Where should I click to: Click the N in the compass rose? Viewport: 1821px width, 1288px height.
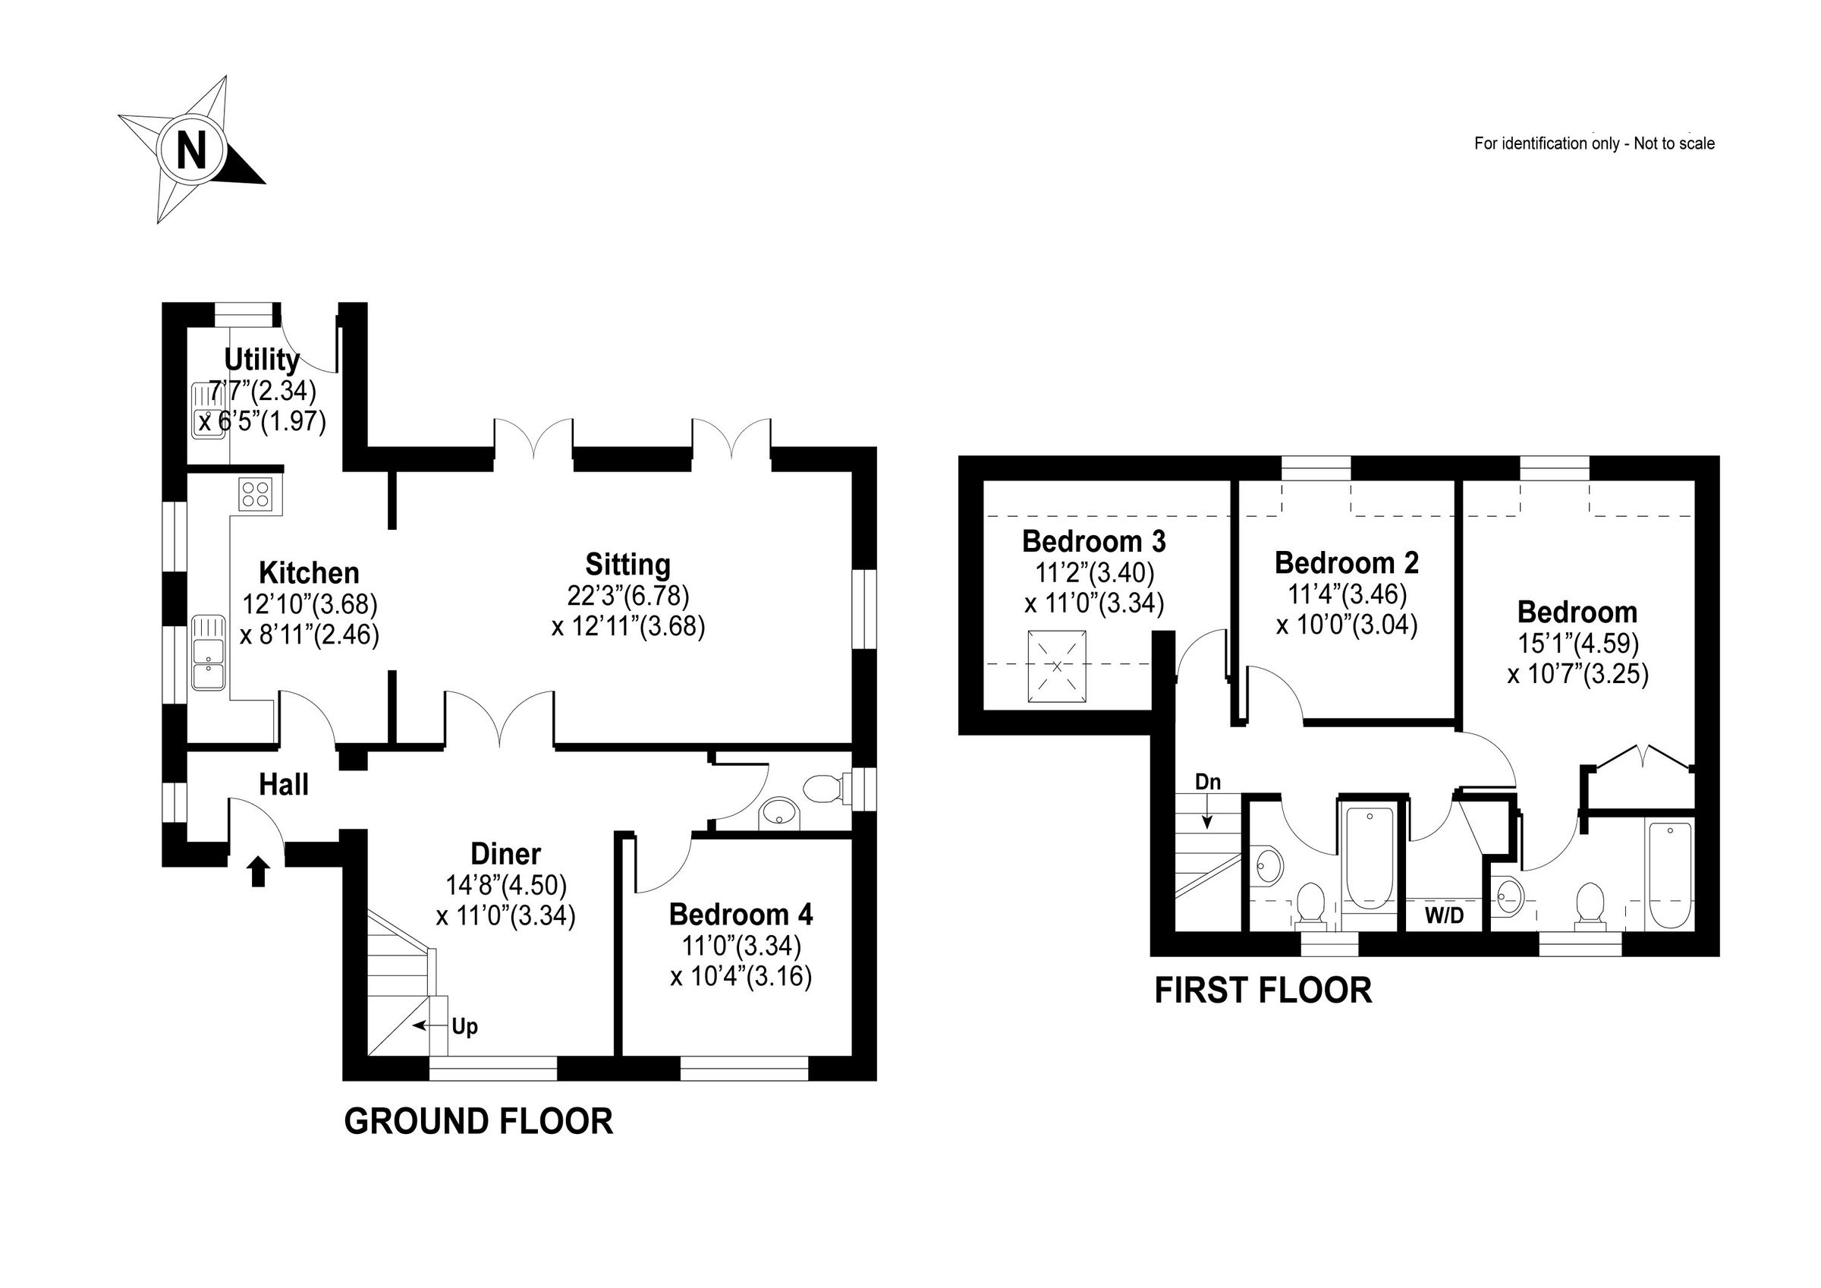191,150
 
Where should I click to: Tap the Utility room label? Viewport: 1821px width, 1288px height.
262,360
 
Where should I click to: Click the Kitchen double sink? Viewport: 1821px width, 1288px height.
209,651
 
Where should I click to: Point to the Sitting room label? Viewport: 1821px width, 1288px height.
627,564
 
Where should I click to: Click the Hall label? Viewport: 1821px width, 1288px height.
284,785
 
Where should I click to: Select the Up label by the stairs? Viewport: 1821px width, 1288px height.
465,1026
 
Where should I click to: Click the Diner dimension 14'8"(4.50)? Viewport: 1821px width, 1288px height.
506,885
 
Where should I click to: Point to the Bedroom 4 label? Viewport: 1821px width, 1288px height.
741,915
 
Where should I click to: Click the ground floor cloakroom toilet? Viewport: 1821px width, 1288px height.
823,789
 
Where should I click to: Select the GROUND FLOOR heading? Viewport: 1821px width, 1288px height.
478,1122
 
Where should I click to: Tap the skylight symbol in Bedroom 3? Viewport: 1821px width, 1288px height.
1056,666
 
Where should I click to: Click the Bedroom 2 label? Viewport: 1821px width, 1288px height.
1346,562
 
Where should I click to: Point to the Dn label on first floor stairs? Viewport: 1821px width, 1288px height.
1207,782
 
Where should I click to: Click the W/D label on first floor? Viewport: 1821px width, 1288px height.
1444,916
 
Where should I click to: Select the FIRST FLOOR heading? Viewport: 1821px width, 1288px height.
1263,990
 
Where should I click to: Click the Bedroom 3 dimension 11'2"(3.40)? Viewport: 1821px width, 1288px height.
1093,572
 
